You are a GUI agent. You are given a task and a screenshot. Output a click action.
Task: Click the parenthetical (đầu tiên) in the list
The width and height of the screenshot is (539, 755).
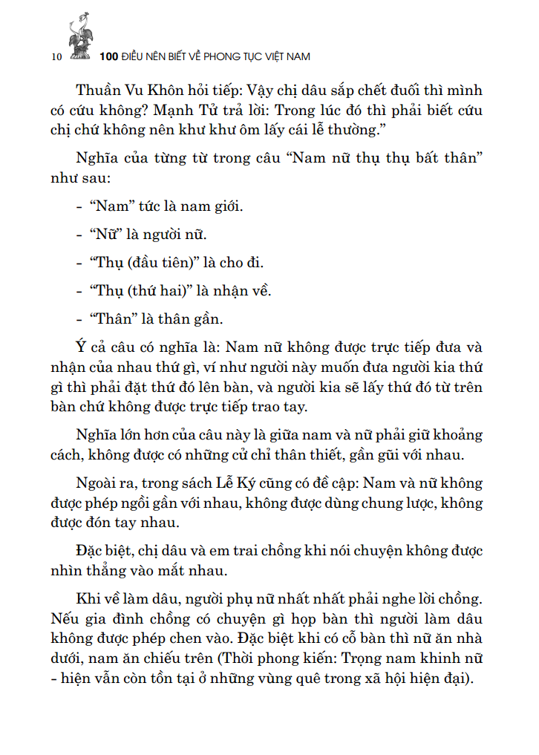[x=161, y=263]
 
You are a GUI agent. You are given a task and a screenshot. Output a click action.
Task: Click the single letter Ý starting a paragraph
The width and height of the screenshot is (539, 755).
[x=80, y=346]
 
